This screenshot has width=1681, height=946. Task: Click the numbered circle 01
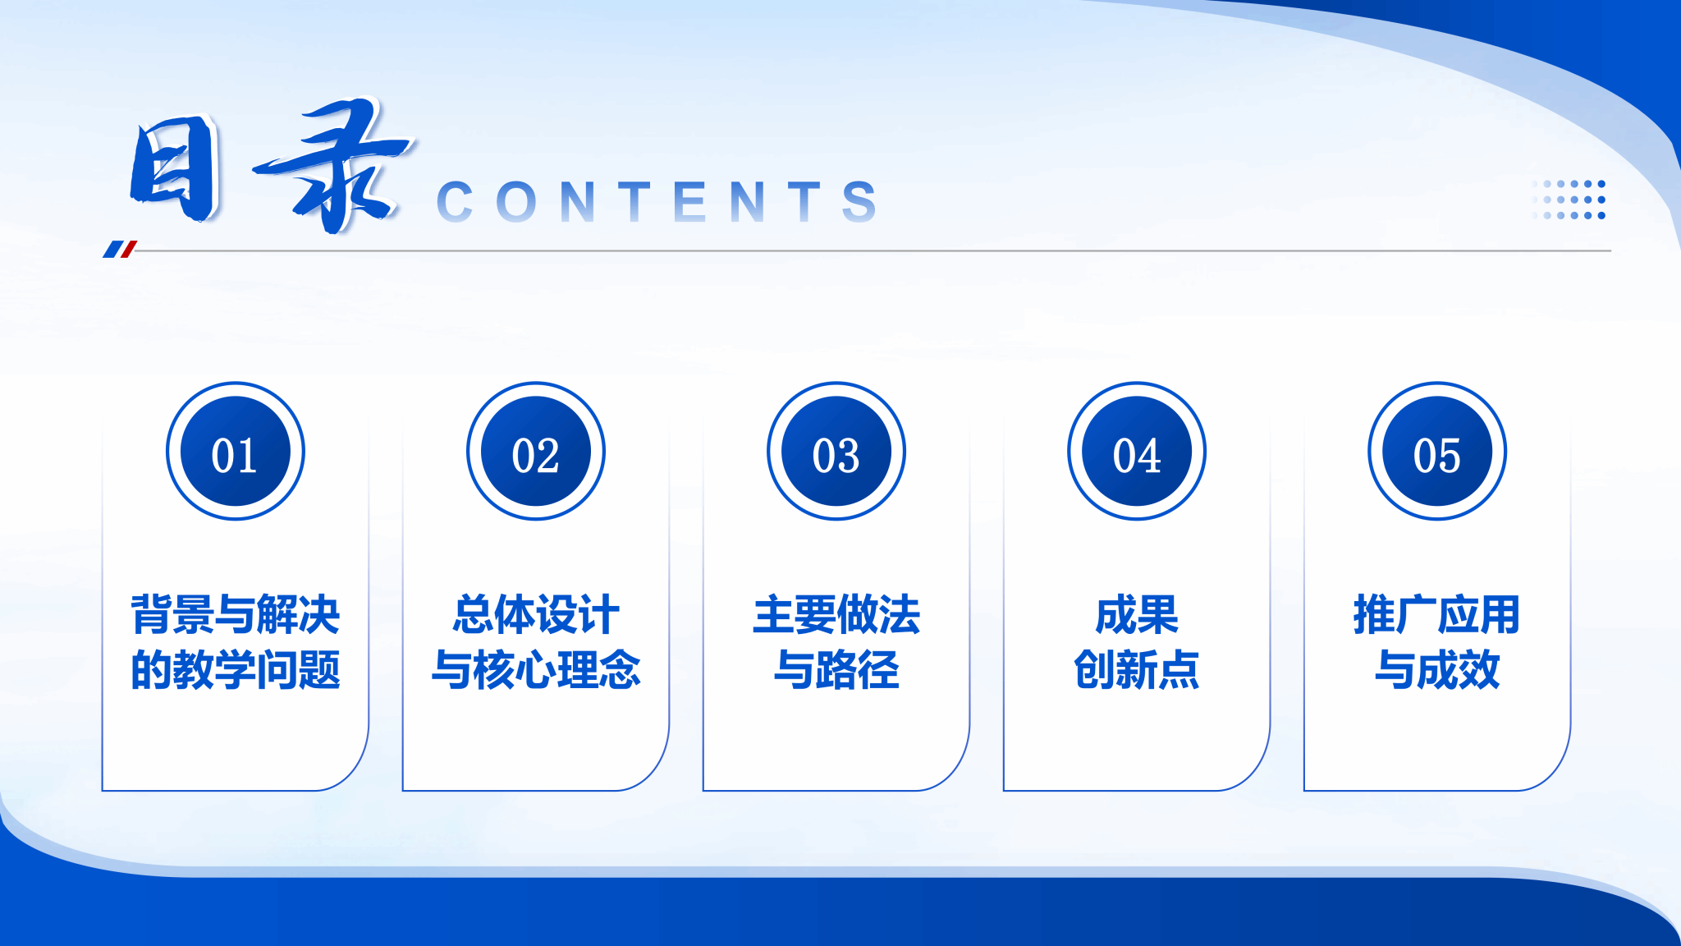pos(236,451)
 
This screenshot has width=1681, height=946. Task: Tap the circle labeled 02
pos(536,451)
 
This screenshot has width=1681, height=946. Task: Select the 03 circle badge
pos(836,451)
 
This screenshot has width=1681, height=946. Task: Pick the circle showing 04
pos(1137,451)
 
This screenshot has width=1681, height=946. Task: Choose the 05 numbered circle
pos(1437,451)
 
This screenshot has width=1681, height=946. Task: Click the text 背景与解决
pos(236,614)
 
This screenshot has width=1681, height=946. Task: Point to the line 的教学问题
pos(236,669)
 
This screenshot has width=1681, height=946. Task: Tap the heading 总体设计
pos(536,614)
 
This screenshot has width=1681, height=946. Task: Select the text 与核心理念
pos(536,669)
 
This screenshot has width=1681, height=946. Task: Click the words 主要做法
pos(836,614)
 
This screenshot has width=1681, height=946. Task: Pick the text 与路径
pos(836,669)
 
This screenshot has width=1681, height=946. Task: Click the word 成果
pos(1137,614)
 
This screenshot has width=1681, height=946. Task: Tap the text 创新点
pos(1137,669)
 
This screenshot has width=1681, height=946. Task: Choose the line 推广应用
pos(1437,614)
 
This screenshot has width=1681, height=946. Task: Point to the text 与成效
pos(1437,669)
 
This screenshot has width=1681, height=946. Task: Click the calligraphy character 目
pos(176,168)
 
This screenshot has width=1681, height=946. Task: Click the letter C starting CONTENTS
pos(455,202)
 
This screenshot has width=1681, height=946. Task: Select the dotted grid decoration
pos(1569,200)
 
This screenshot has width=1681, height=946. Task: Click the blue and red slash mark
pos(120,249)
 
